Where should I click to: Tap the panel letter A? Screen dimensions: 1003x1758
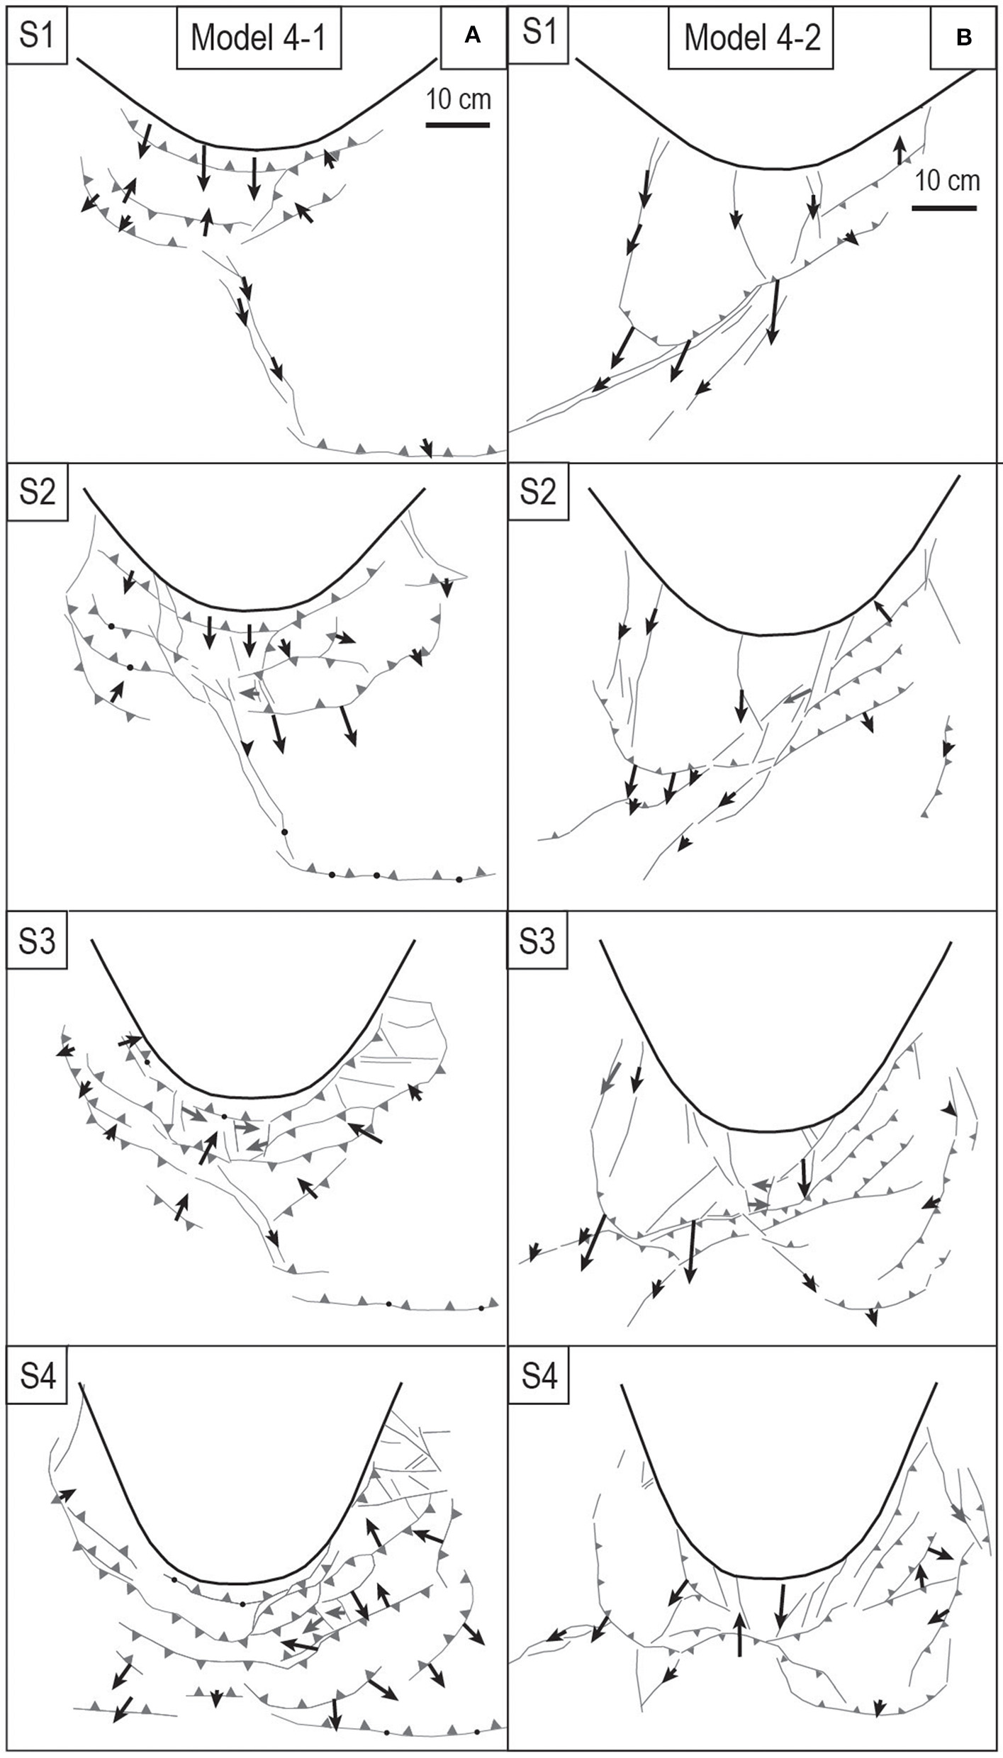[x=473, y=38]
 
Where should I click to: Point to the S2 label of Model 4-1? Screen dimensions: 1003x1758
[x=37, y=491]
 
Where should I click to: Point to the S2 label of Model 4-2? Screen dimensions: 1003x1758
[x=537, y=491]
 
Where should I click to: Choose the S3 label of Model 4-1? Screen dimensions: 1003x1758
[x=37, y=942]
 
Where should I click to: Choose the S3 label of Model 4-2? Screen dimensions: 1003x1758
[x=537, y=942]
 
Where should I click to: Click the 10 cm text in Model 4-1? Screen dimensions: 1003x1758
[x=459, y=99]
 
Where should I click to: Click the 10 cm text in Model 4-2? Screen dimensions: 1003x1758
[x=947, y=181]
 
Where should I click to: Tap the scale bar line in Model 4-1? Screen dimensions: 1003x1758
[x=458, y=125]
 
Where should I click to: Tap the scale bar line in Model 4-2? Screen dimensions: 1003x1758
[x=944, y=208]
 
